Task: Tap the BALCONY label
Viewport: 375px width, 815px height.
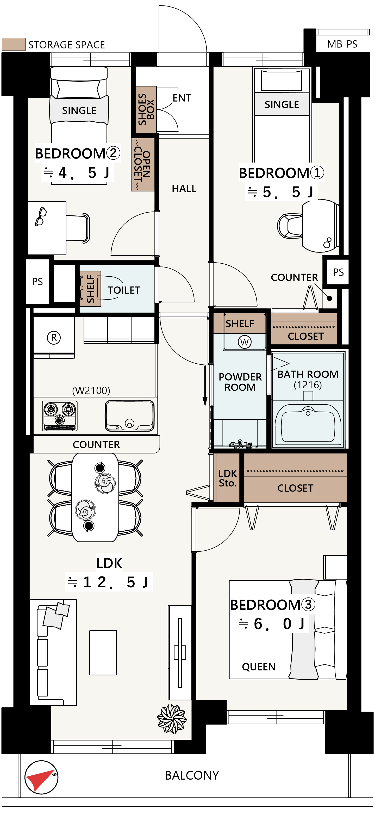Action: pos(192,775)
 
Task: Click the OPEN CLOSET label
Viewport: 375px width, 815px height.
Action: pos(143,165)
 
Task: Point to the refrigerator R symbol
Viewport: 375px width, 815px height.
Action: pos(54,338)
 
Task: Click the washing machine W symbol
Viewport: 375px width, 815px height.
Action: pos(245,342)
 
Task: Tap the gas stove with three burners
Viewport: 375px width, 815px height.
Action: pos(60,416)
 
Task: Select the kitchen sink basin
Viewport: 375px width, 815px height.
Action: pos(130,416)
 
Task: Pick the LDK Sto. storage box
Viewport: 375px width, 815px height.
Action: pos(227,478)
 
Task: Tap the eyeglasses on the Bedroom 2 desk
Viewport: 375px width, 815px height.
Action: pos(40,216)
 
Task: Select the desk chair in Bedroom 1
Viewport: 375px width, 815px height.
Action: pos(290,225)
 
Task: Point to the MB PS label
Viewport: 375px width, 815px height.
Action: pos(342,44)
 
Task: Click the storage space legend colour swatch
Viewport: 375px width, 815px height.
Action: pos(14,44)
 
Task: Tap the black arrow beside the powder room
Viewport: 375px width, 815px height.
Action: pos(205,386)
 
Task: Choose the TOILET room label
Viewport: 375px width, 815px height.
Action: pos(124,290)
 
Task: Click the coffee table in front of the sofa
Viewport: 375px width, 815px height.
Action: pos(103,653)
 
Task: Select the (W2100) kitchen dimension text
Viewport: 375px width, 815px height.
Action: pos(91,390)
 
